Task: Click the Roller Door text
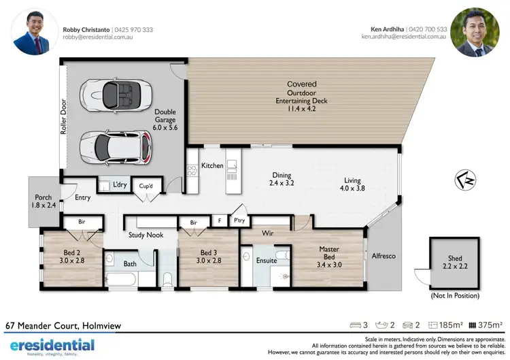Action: [63, 120]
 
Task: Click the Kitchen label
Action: [212, 165]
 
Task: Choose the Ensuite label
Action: [267, 260]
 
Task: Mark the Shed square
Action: [454, 263]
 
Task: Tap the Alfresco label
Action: [384, 256]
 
